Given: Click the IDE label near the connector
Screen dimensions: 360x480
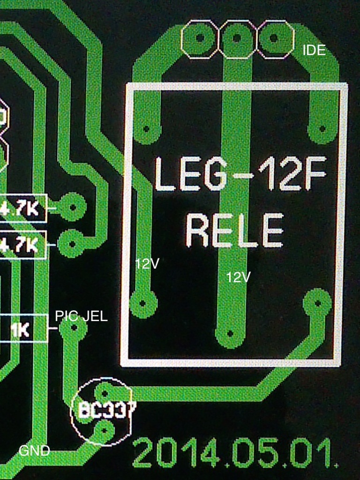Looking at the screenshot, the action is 314,50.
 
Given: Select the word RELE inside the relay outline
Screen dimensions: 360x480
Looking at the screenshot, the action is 234,231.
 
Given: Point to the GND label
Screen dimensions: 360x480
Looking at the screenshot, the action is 34,451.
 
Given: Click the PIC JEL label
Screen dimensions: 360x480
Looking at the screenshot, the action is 82,316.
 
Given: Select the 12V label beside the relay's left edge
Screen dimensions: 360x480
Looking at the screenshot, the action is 148,263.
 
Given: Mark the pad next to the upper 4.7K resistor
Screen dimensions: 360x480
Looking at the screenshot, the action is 73,206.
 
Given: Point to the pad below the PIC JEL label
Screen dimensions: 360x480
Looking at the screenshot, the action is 73,327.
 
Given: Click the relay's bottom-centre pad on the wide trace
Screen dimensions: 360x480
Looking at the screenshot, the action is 230,334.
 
